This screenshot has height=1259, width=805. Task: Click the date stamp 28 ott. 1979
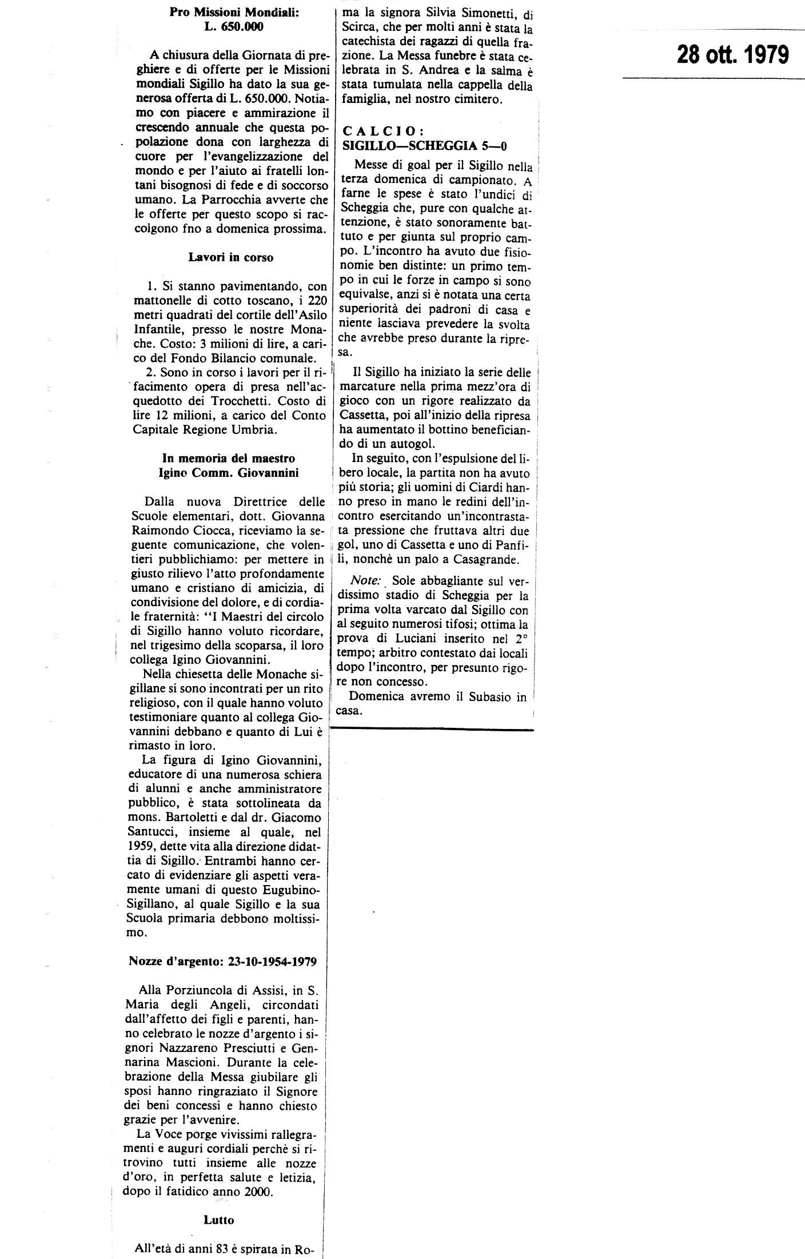coord(732,55)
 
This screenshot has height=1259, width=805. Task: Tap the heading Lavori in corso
coord(231,257)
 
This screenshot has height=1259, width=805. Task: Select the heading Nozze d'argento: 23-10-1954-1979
coord(224,961)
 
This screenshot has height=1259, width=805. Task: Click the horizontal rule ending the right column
coord(432,730)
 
